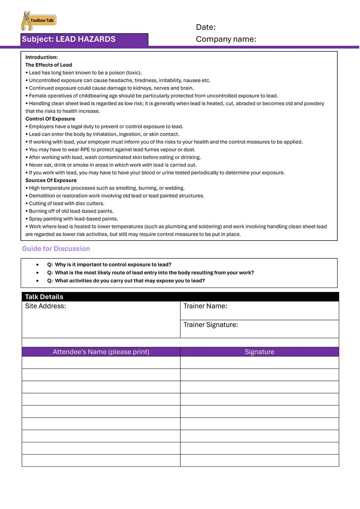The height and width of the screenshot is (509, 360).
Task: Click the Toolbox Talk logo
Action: (39, 21)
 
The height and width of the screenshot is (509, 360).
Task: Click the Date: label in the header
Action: (205, 27)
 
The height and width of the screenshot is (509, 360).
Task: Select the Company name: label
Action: (226, 39)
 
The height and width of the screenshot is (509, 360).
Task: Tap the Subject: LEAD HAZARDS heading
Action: (68, 39)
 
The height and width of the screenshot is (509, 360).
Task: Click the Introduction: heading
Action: (41, 57)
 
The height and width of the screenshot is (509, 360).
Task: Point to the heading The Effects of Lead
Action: (49, 65)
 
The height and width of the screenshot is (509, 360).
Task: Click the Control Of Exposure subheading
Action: (50, 119)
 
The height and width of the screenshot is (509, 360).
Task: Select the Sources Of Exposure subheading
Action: (51, 180)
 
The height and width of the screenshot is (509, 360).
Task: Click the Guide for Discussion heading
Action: (56, 248)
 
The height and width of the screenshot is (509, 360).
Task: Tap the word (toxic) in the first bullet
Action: (133, 73)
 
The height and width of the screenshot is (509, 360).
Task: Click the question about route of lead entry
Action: (154, 273)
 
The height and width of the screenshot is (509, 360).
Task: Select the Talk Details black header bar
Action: (180, 297)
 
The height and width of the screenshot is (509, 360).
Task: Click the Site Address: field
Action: (101, 320)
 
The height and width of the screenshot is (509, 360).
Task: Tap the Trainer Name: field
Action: (259, 310)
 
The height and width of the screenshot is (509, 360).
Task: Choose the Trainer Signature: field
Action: (259, 329)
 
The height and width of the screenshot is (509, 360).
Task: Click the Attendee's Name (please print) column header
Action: (101, 352)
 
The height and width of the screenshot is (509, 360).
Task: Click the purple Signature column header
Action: (259, 352)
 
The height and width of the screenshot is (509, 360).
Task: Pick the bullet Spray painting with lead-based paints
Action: (72, 219)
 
